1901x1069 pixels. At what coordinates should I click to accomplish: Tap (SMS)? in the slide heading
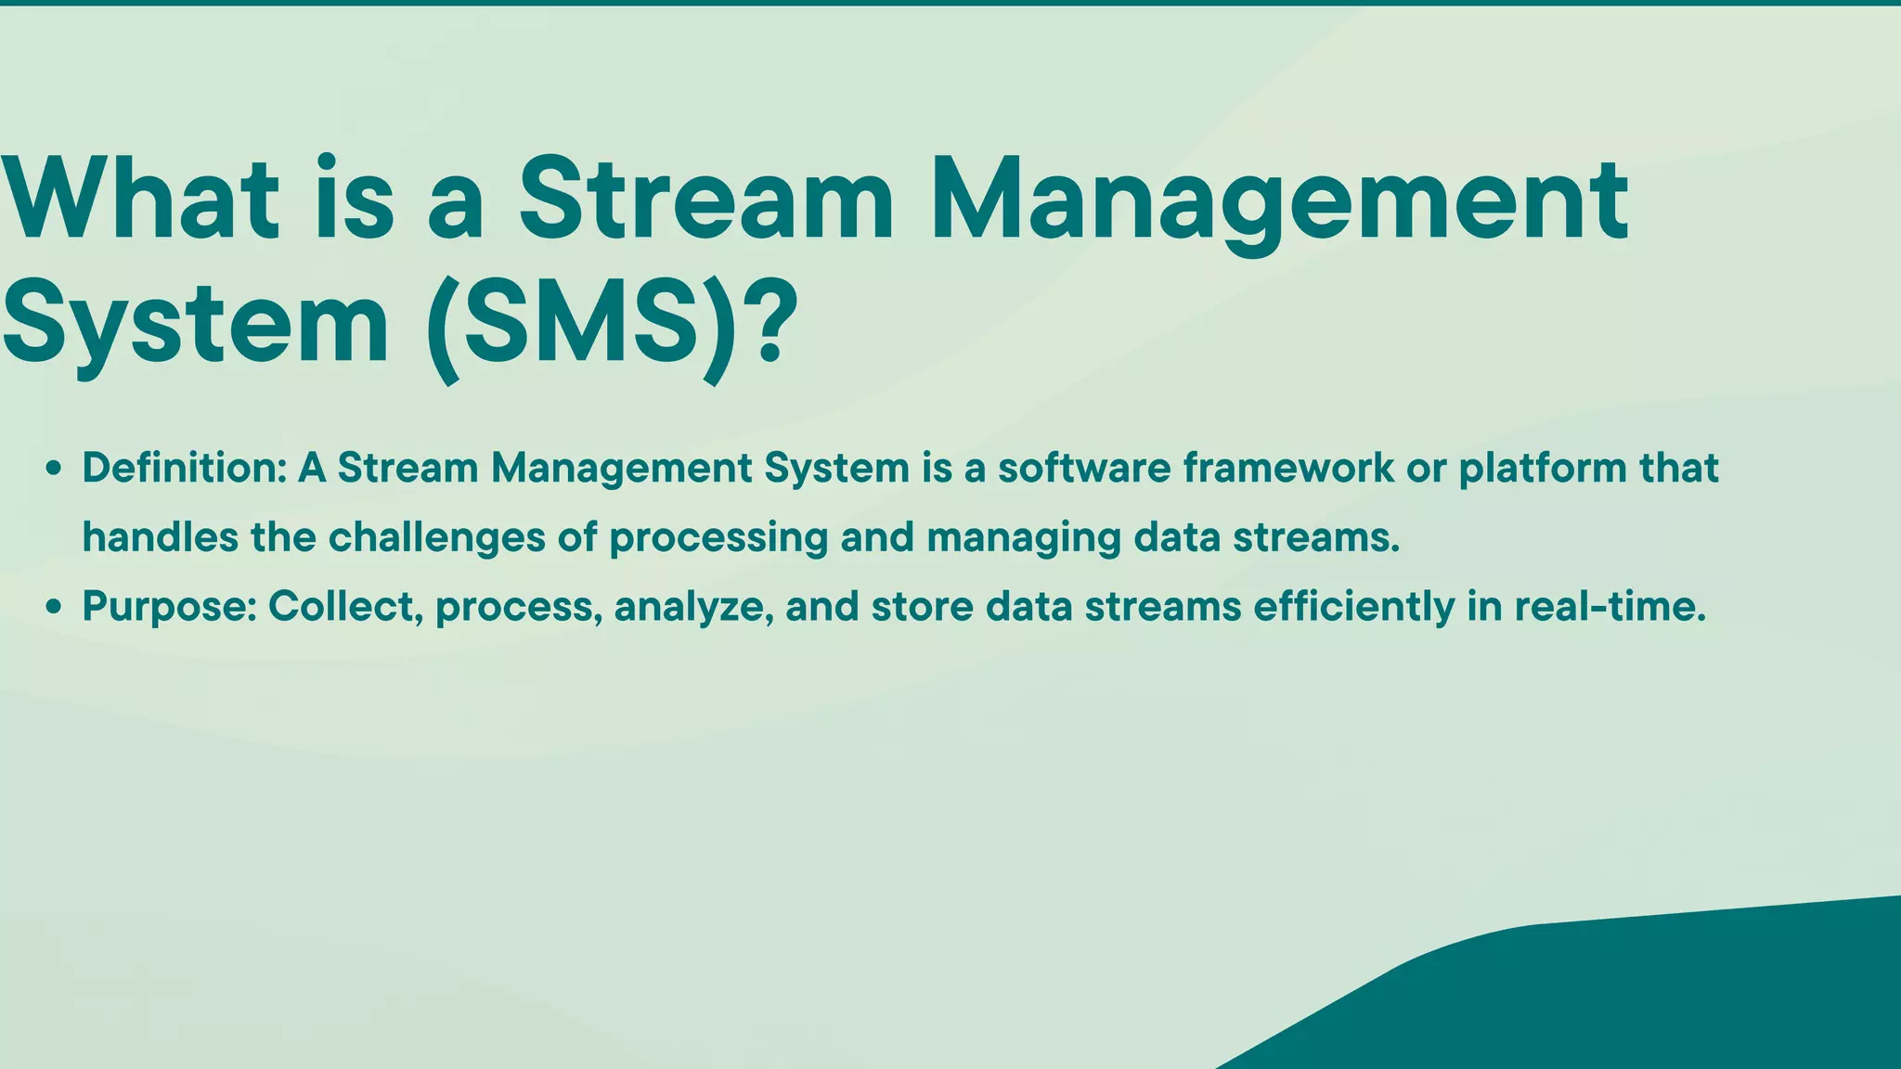pos(613,325)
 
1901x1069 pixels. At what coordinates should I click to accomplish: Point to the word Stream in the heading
pos(705,199)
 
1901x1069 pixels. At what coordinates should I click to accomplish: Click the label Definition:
pos(184,468)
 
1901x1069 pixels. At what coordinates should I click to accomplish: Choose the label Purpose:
pos(169,607)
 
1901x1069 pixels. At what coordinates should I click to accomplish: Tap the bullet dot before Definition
pos(54,470)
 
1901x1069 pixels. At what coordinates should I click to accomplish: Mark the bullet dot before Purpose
pos(54,609)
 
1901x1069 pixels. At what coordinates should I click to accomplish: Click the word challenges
pos(436,538)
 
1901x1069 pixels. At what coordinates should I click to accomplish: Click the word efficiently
pos(1354,608)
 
